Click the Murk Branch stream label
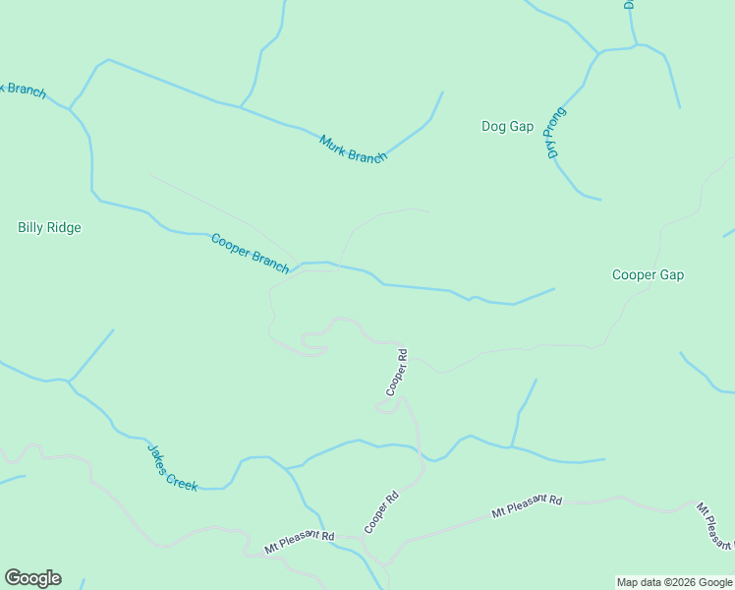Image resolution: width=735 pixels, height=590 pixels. click(x=353, y=148)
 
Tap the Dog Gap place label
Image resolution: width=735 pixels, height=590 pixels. click(x=507, y=126)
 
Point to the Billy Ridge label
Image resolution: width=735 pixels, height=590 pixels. click(x=49, y=227)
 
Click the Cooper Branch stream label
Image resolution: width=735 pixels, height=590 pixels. click(x=251, y=253)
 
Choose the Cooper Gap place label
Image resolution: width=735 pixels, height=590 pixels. click(x=648, y=274)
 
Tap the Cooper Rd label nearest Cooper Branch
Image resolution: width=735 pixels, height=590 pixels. click(x=396, y=372)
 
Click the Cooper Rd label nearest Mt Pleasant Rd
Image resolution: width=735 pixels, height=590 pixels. click(x=382, y=511)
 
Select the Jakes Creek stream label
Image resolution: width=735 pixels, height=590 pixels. click(x=173, y=466)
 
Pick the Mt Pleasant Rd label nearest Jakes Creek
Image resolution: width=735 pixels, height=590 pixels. click(x=300, y=541)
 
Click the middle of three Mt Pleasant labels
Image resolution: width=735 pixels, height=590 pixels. click(x=527, y=506)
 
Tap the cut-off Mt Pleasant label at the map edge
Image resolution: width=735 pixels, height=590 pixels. click(x=715, y=526)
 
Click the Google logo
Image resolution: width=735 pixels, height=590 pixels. click(x=32, y=578)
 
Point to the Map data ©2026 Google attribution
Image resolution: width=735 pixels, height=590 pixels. click(x=674, y=582)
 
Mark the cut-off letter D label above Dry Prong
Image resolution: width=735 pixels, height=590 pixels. click(x=629, y=4)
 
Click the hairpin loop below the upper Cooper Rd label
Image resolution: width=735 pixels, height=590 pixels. click(x=389, y=407)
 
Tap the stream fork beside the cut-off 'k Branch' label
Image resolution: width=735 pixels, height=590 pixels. click(x=71, y=106)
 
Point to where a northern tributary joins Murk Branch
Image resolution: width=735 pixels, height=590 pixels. click(x=240, y=105)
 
